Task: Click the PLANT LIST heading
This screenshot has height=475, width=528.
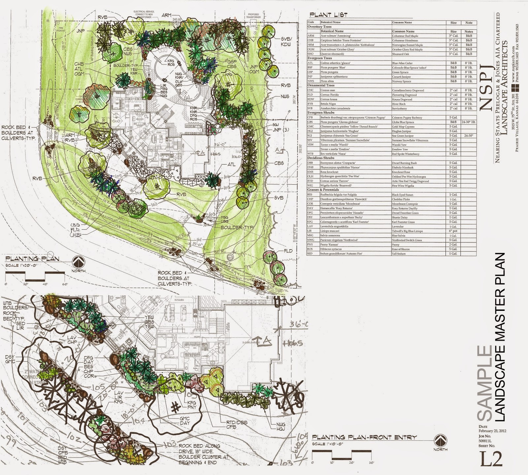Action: pos(328,15)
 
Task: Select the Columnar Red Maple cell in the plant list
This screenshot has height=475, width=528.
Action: pos(405,36)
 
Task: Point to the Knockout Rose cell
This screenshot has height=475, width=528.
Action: pos(401,172)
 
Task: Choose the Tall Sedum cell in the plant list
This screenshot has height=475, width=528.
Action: pos(399,254)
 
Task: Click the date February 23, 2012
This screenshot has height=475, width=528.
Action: pos(492,431)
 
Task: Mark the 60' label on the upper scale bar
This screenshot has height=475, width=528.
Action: pos(64,284)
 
